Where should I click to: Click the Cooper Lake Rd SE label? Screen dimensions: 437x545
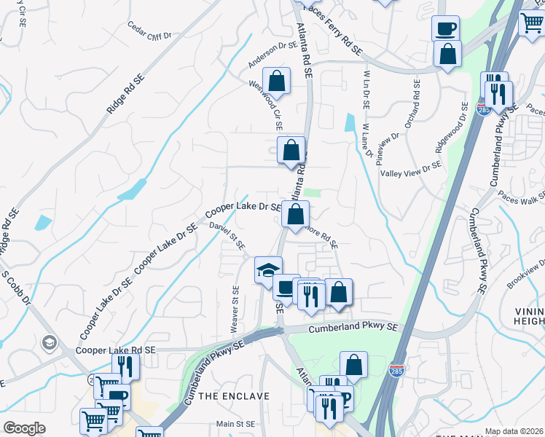click(116, 350)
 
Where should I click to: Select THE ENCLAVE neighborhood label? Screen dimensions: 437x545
click(235, 395)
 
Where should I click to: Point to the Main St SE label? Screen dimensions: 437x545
click(235, 424)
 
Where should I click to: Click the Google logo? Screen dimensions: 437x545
click(24, 428)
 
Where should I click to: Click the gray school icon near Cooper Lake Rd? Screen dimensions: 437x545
click(50, 342)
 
